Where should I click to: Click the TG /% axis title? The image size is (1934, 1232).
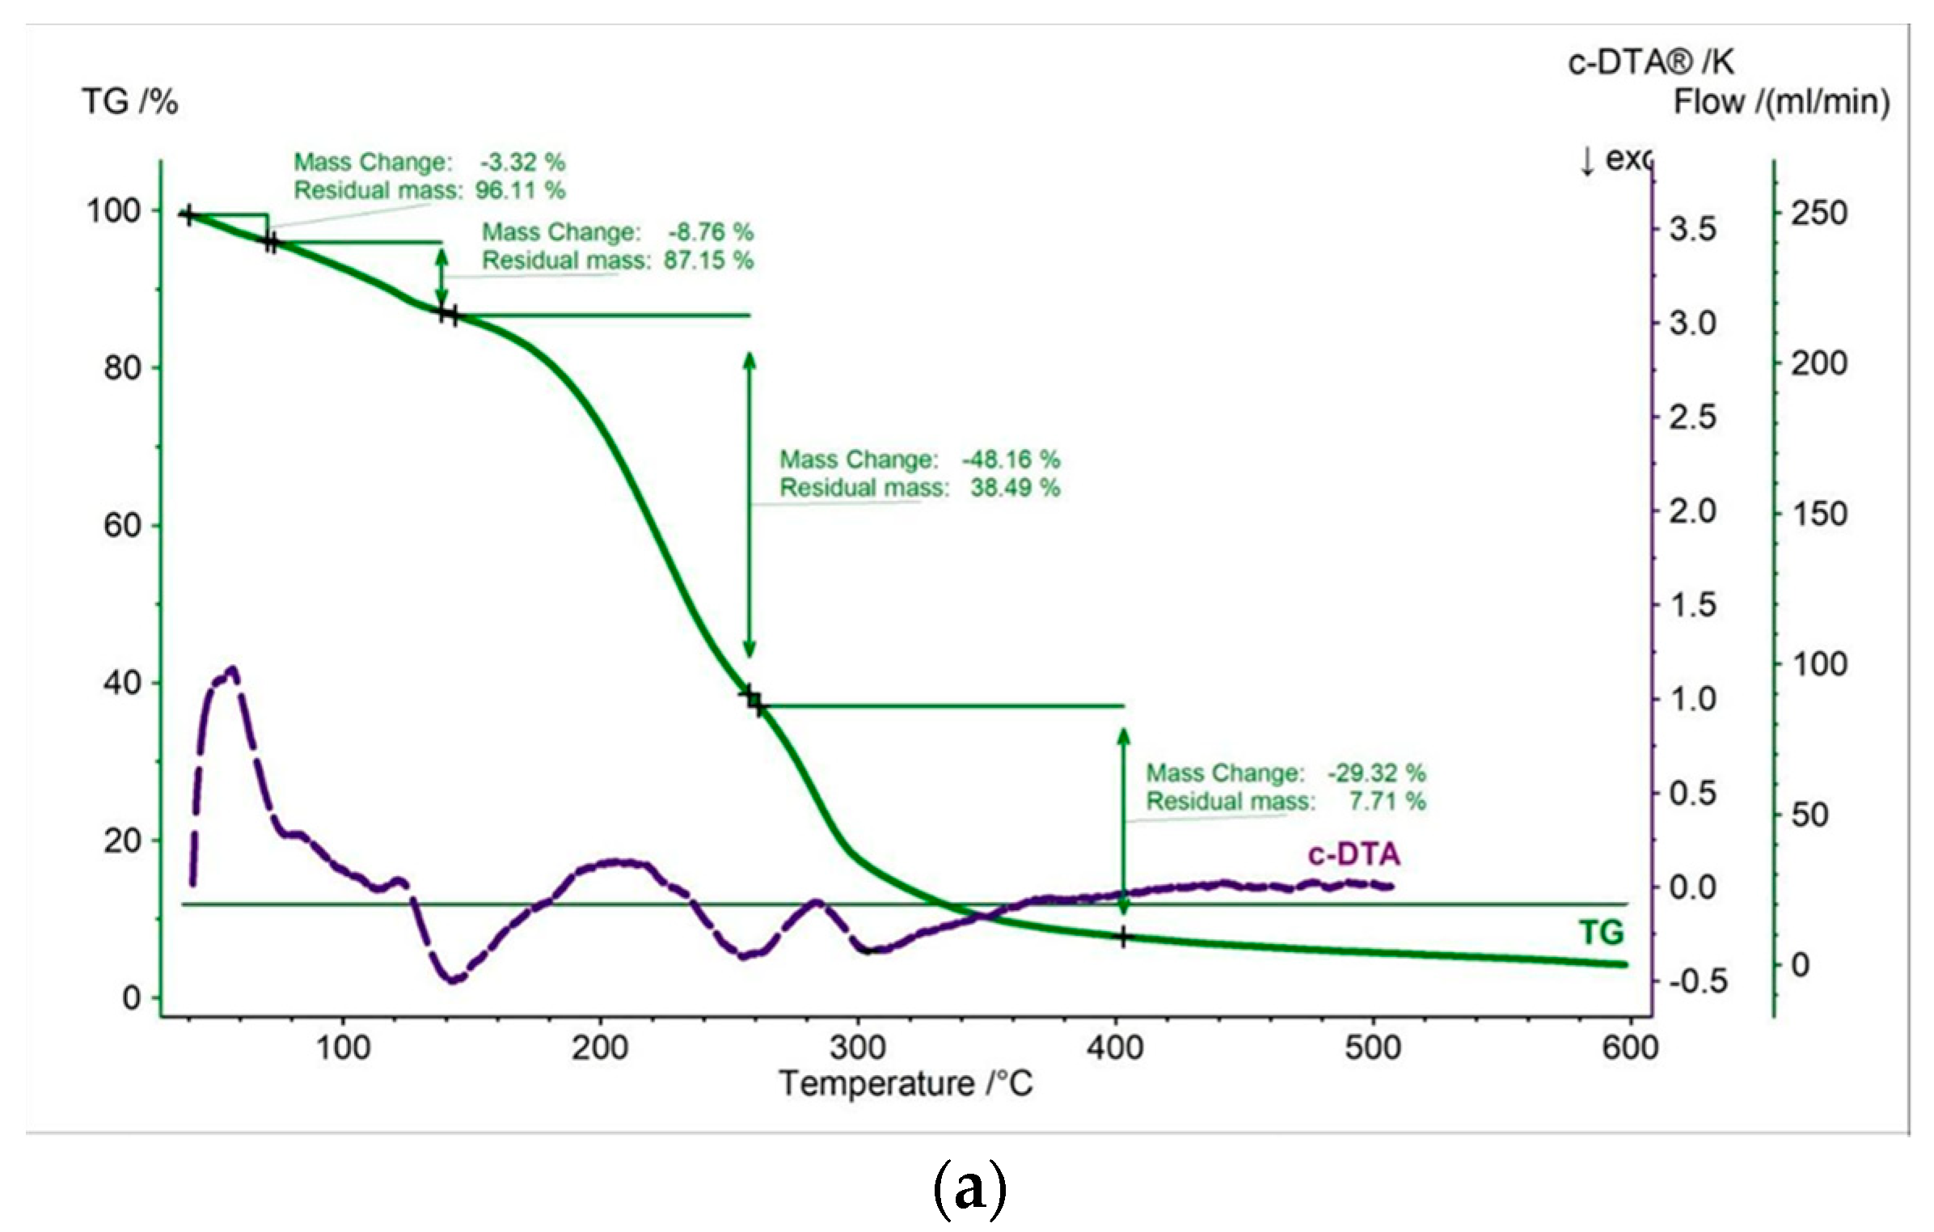click(129, 103)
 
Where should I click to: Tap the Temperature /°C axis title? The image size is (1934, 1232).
click(906, 1084)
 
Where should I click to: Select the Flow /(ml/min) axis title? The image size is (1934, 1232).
click(1781, 103)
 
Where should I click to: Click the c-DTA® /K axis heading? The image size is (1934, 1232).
click(1650, 62)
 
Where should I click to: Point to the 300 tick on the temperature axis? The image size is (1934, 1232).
click(858, 1048)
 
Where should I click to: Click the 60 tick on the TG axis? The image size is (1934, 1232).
click(121, 526)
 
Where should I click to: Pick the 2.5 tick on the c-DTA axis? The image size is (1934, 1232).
click(1693, 418)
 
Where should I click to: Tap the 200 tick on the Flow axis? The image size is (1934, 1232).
click(1818, 364)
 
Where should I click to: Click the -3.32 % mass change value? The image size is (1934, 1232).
click(522, 163)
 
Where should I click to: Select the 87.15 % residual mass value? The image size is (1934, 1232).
click(708, 260)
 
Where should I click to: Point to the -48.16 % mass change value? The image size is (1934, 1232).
click(1011, 459)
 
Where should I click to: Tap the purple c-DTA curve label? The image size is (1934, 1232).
click(1353, 855)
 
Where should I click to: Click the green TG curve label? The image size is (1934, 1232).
click(1601, 933)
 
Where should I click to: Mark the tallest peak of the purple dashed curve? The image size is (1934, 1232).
click(233, 671)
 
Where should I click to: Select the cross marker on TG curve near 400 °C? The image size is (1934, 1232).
click(1123, 938)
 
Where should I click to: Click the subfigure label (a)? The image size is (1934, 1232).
click(969, 1189)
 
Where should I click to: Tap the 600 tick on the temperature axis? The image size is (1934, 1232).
click(1630, 1048)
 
